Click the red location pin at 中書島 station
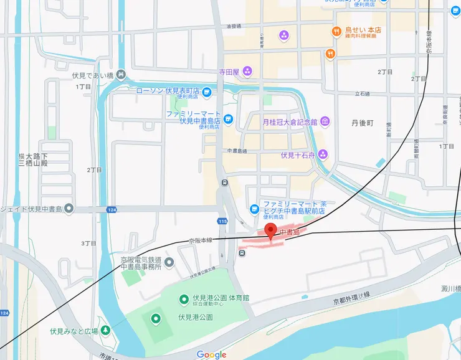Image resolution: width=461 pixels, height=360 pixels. pyautogui.click(x=270, y=231)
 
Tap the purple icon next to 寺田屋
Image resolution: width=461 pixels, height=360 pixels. pyautogui.click(x=247, y=72)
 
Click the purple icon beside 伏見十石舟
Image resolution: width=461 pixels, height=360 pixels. pyautogui.click(x=323, y=154)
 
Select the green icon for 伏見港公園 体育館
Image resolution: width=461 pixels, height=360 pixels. pyautogui.click(x=184, y=300)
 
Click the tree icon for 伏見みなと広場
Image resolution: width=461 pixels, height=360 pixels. pyautogui.click(x=106, y=330)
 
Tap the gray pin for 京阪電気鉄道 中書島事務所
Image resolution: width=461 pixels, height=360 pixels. pyautogui.click(x=169, y=262)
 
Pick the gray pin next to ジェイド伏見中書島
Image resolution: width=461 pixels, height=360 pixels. pyautogui.click(x=69, y=208)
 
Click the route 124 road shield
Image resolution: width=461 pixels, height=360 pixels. pyautogui.click(x=112, y=209)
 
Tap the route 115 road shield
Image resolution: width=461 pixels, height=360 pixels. pyautogui.click(x=222, y=221)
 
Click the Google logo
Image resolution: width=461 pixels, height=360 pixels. pyautogui.click(x=211, y=354)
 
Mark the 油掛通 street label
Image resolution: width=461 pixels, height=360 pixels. pyautogui.click(x=234, y=26)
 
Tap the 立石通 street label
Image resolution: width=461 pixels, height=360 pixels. pyautogui.click(x=363, y=93)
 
